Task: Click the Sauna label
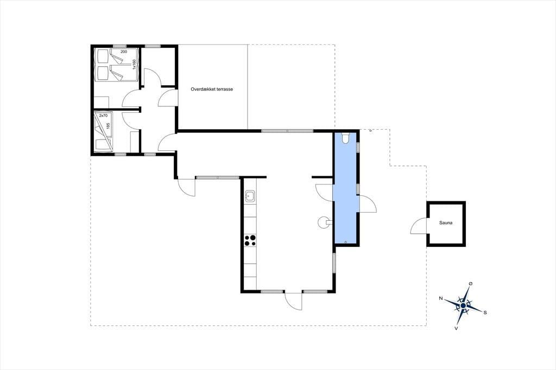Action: coord(446,223)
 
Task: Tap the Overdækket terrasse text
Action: coord(212,90)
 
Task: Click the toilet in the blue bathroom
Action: coord(346,137)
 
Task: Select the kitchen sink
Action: coord(250,196)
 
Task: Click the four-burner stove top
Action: coord(250,241)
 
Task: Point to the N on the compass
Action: coord(441,298)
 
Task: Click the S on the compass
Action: coord(485,312)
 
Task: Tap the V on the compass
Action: coord(456,329)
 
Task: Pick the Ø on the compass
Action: coord(471,284)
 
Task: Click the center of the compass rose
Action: coord(463,305)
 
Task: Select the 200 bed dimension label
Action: coord(124,52)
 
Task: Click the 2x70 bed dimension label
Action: coord(103,116)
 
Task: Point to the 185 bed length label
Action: coord(108,126)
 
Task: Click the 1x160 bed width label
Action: coord(134,64)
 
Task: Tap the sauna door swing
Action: coord(419,226)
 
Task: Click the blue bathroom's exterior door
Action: coord(368,204)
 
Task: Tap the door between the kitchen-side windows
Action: coord(293,301)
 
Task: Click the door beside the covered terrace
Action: coord(167,98)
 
